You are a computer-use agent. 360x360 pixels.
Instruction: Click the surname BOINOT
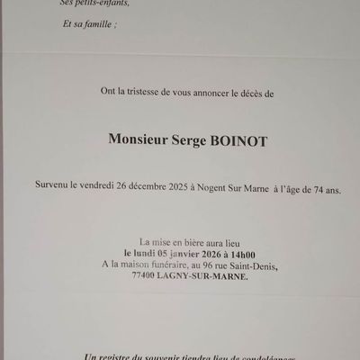point(223,140)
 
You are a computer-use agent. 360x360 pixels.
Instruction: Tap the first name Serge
point(175,140)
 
